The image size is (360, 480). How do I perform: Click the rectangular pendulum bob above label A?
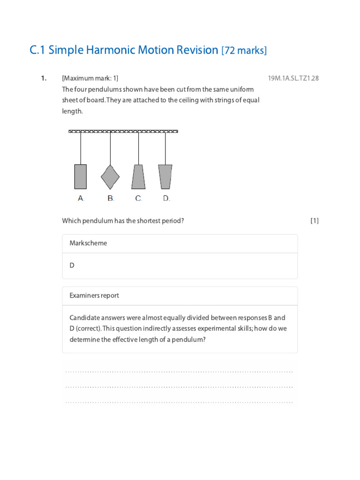click(x=81, y=177)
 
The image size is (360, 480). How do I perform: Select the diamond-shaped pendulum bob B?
click(x=110, y=177)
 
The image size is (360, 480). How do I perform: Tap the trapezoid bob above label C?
click(x=138, y=177)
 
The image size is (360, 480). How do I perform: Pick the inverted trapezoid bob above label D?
click(x=165, y=177)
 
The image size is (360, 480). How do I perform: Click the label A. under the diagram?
click(x=81, y=198)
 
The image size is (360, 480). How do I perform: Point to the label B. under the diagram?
click(x=111, y=198)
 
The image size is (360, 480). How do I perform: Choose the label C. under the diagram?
click(x=139, y=198)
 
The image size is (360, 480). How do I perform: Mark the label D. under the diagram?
click(x=166, y=198)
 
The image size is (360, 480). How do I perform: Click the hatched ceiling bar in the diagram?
click(x=123, y=131)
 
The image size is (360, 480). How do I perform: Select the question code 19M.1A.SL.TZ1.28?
click(x=293, y=78)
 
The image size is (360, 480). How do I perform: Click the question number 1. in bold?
click(x=44, y=78)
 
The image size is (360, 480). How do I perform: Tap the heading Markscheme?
click(x=88, y=243)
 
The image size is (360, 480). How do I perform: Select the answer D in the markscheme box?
click(x=72, y=265)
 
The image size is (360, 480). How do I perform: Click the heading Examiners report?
click(x=94, y=295)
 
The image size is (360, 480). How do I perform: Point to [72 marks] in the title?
click(x=244, y=50)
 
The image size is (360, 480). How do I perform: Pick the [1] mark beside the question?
click(x=314, y=221)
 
